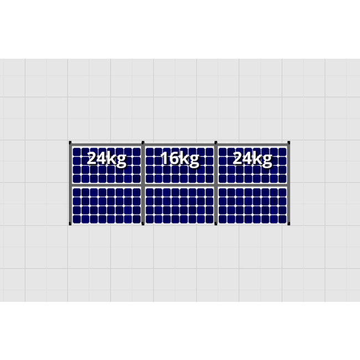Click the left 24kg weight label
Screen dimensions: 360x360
coord(106,159)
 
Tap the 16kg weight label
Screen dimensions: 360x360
coord(179,159)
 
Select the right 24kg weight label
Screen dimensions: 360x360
coord(252,159)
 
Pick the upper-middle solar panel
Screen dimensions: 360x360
coord(179,172)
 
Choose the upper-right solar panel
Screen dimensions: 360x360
coord(252,172)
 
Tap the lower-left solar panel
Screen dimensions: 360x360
coord(106,205)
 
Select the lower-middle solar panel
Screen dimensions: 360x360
coord(179,205)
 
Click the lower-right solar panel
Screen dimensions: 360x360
coord(252,205)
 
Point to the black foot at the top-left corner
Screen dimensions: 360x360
coord(70,143)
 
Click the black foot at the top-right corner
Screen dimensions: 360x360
coord(289,143)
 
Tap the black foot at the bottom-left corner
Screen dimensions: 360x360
coord(70,224)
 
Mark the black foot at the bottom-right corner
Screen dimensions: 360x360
coord(289,224)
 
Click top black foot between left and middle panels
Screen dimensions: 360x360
coord(143,143)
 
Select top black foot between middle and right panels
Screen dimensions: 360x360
coord(216,143)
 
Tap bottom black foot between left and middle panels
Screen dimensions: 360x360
coord(143,224)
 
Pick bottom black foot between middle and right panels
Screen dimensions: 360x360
coord(216,224)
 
